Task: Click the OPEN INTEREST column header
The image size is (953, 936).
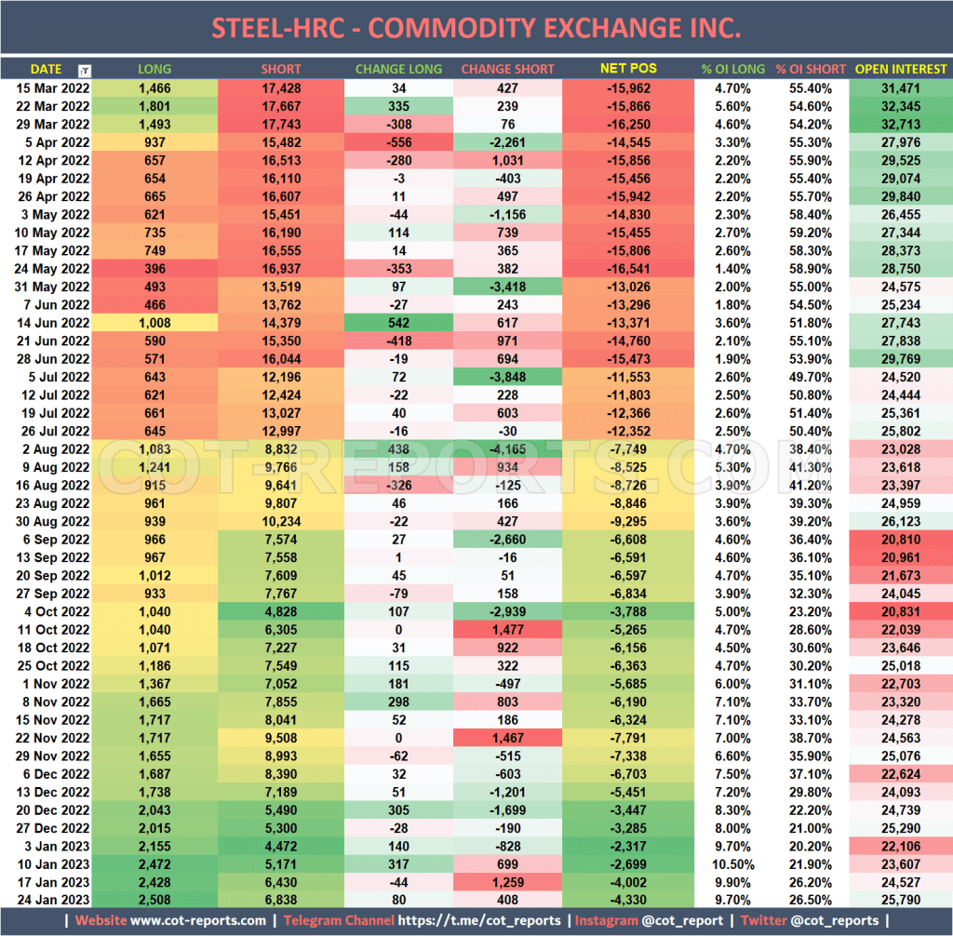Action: click(901, 69)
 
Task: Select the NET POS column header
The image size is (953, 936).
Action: click(628, 69)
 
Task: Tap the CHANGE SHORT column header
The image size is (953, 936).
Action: click(507, 69)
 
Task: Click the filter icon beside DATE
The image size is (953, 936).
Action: click(85, 70)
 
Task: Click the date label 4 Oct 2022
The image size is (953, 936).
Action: click(56, 610)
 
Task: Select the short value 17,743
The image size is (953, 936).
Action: click(281, 124)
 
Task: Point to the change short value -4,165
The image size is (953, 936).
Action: click(507, 448)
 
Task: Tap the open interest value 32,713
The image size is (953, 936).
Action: click(901, 124)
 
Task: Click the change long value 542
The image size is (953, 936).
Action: click(398, 322)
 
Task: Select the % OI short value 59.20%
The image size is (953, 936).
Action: click(810, 233)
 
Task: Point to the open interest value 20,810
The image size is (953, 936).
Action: click(901, 539)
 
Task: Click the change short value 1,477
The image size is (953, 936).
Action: click(507, 628)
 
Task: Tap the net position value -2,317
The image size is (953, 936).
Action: click(628, 845)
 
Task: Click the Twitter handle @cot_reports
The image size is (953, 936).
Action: click(827, 921)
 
